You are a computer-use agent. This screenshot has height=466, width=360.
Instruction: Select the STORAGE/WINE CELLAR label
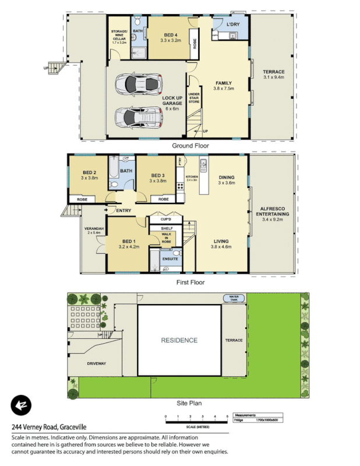pos(119,36)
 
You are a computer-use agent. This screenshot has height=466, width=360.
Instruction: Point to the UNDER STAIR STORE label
pos(194,97)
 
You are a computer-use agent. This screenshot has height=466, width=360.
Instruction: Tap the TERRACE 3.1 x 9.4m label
pos(273,74)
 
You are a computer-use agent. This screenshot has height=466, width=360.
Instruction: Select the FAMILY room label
pos(224,86)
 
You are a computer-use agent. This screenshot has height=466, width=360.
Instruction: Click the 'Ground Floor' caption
pos(190,146)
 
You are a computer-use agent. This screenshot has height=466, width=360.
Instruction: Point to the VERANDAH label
pos(94,230)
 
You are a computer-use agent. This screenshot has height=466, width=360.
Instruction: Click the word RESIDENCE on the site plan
pos(179,340)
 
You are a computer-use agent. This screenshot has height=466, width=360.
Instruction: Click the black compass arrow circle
pos(21,405)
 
